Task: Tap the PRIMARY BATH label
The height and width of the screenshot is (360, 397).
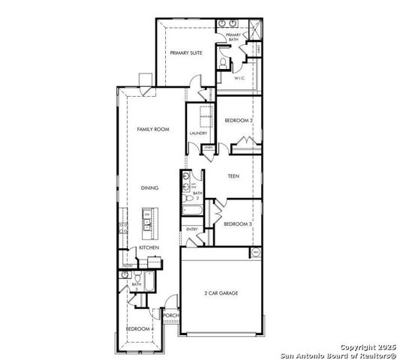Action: [233, 36]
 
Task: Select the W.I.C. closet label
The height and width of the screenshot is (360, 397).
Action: [240, 77]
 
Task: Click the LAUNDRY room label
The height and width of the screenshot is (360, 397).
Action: [198, 133]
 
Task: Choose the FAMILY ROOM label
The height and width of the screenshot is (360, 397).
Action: [152, 129]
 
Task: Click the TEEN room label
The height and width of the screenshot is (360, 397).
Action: [234, 177]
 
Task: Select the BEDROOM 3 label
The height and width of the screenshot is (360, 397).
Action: [237, 223]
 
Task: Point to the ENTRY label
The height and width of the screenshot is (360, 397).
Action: [192, 229]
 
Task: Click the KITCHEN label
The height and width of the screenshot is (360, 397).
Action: [147, 247]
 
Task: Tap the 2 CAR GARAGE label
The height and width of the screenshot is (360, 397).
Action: [221, 292]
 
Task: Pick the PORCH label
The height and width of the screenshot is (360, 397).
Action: [170, 316]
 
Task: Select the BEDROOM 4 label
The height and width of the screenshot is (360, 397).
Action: [140, 329]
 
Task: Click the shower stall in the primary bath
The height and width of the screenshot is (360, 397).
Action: [253, 30]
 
